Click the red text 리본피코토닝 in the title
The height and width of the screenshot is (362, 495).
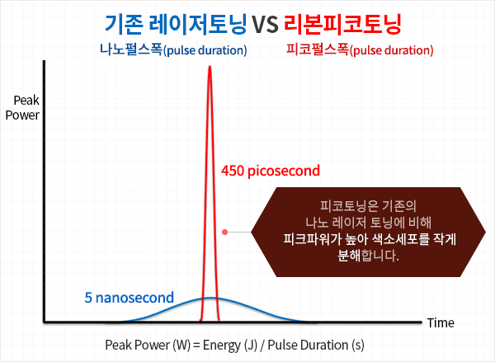[x=342, y=24]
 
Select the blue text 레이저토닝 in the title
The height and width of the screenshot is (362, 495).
[x=197, y=24]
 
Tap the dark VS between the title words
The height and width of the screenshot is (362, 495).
[x=265, y=25]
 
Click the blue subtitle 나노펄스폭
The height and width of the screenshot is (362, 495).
[x=131, y=49]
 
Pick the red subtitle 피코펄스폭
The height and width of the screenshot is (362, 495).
[x=318, y=49]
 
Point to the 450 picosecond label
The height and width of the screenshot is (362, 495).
[x=271, y=171]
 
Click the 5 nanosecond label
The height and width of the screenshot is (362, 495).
[x=130, y=298]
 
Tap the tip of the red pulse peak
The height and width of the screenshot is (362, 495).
[x=210, y=66]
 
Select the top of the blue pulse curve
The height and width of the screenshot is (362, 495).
[x=210, y=298]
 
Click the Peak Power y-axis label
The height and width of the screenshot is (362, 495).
[x=22, y=108]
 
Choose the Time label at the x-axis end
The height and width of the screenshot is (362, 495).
[x=441, y=323]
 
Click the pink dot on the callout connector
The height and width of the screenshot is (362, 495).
[x=224, y=232]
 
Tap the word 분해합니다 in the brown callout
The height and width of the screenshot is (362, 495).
[x=368, y=256]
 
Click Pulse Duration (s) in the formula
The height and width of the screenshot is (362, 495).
[x=316, y=346]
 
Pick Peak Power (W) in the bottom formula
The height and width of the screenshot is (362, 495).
[x=148, y=346]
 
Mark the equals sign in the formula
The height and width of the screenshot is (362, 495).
[x=196, y=346]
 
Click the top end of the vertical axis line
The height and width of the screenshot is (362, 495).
[x=45, y=60]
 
